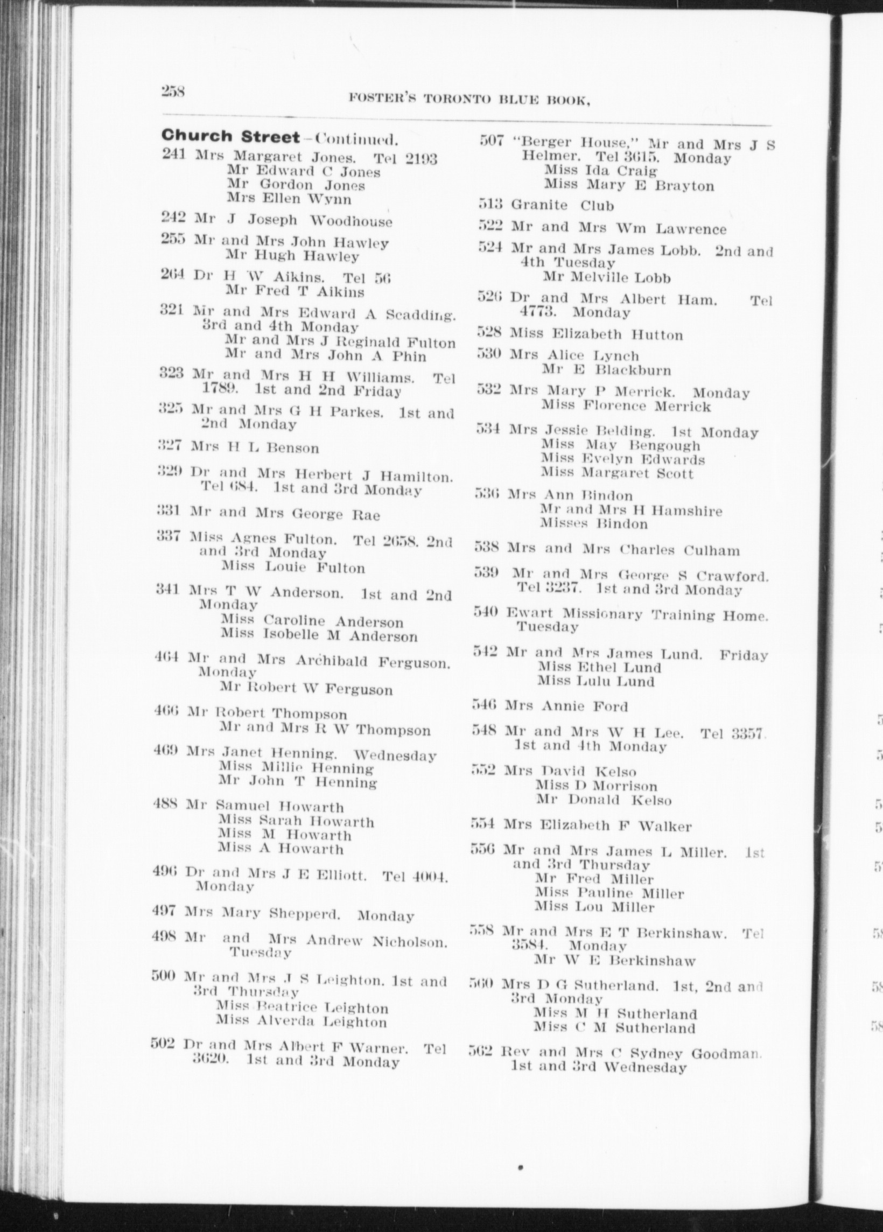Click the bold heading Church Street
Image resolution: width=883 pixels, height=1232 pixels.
coord(230,136)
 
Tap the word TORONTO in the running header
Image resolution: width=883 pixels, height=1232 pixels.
coord(457,100)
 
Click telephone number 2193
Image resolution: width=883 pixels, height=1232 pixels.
coord(417,159)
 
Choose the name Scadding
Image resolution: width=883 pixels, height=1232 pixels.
coord(421,314)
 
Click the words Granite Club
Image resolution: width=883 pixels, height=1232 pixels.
coord(562,205)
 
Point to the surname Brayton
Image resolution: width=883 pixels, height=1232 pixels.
coord(684,186)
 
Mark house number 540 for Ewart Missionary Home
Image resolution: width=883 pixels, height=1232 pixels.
coord(485,613)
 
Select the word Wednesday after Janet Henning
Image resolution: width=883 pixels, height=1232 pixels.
coord(395,755)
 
